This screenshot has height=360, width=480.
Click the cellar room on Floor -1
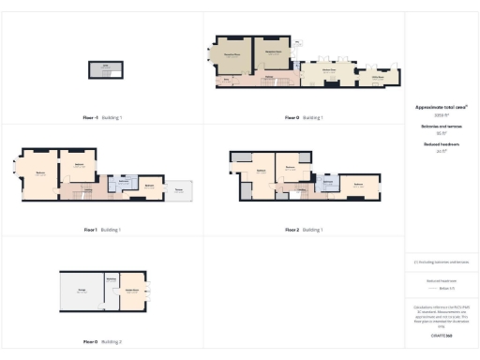coord(105,68)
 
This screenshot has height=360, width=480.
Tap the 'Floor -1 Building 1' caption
coord(102,118)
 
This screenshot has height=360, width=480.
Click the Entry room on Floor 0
coord(224,82)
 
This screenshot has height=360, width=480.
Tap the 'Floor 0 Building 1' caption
coord(304,118)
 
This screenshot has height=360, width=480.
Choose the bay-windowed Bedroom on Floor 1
coord(41,174)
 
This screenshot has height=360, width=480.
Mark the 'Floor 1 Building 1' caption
coord(102,230)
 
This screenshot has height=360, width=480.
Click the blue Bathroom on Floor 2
coord(328,183)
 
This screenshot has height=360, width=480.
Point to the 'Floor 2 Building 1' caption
coord(304,230)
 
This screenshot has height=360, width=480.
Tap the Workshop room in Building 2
coord(111,280)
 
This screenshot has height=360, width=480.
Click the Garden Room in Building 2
coord(132,292)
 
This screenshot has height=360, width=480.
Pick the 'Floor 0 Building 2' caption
coord(102,342)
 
